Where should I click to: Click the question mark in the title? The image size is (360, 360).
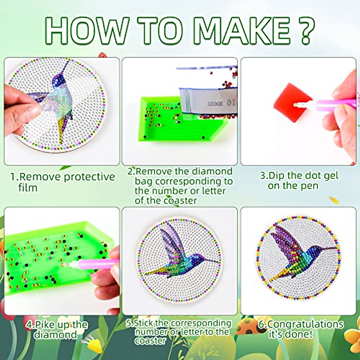(304, 30)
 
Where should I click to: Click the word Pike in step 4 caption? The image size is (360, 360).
(44, 325)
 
